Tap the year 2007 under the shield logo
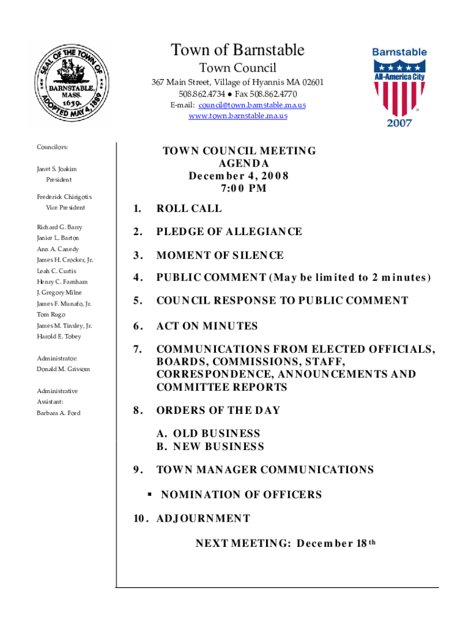(x=399, y=123)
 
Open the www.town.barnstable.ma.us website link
(x=239, y=116)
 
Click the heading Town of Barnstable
(x=237, y=50)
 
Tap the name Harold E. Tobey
(x=59, y=337)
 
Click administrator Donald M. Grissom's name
(x=63, y=370)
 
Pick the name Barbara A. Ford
(x=58, y=413)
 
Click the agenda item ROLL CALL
(x=189, y=208)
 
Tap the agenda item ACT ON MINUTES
(x=207, y=326)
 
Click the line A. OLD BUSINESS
(x=208, y=434)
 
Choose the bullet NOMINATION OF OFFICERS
(x=241, y=495)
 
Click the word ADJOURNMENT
(x=203, y=519)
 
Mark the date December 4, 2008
(x=239, y=176)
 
